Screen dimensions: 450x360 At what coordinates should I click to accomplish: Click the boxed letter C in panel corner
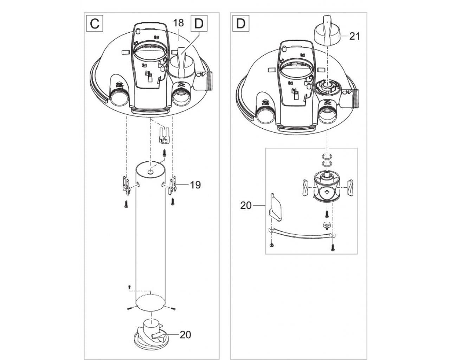click(x=95, y=24)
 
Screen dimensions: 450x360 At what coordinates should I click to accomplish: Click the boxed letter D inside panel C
click(x=199, y=24)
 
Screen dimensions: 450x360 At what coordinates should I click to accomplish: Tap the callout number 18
click(x=178, y=23)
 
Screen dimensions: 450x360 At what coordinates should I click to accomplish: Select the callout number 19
click(x=195, y=185)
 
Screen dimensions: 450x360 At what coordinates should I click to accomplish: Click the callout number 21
click(x=355, y=36)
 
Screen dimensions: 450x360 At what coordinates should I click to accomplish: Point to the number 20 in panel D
click(x=246, y=205)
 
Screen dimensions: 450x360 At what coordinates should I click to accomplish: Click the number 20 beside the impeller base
click(x=185, y=335)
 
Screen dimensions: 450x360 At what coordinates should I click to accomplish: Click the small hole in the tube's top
click(x=150, y=172)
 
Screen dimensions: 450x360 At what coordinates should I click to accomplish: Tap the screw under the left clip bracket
click(x=126, y=204)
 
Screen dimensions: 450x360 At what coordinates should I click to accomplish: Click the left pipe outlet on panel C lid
click(x=118, y=99)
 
